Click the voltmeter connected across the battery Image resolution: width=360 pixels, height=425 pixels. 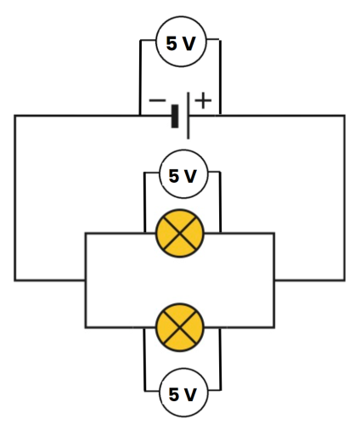(180, 42)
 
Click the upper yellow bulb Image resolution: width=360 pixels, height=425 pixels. (180, 232)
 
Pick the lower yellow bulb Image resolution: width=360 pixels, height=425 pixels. (180, 326)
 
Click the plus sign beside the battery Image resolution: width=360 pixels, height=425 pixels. (204, 100)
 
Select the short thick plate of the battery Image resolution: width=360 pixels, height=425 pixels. (175, 116)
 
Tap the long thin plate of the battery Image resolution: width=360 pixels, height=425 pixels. (187, 116)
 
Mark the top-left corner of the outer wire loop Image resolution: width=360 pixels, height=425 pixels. (15, 115)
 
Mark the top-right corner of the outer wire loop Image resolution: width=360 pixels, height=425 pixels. (344, 115)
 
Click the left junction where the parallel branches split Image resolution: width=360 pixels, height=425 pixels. (86, 280)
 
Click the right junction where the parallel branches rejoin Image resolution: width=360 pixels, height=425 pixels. (274, 280)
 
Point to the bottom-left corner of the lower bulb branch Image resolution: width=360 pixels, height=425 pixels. (86, 326)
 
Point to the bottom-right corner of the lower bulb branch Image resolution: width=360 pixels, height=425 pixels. (274, 326)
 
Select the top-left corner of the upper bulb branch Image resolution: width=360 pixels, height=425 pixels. (86, 232)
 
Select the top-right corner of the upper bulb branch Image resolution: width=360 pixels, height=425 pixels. (274, 232)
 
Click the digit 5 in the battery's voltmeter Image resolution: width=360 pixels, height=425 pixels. (172, 42)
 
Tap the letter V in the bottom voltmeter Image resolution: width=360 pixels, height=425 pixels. (190, 395)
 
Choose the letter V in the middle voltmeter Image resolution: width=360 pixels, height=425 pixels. (190, 177)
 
